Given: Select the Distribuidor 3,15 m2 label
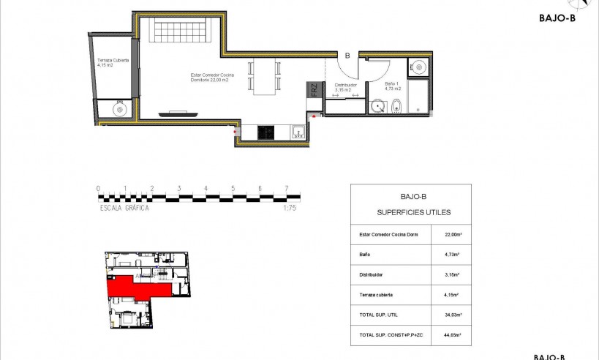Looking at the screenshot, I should point(345,87).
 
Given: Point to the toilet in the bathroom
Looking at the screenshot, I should point(396,106).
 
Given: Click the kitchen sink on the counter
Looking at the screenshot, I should point(298,132).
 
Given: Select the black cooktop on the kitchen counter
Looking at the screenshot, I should point(266,132).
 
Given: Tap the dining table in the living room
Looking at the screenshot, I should point(265,76).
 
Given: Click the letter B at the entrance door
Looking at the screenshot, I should point(347,55).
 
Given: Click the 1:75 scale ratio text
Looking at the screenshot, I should point(290,208).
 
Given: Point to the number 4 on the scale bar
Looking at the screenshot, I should point(206,188).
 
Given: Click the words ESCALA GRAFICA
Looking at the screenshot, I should point(124,208).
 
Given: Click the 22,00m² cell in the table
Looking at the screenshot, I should point(452,235).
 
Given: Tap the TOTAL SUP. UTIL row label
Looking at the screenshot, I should point(380,315).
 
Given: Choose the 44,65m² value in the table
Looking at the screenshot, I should point(452,334).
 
